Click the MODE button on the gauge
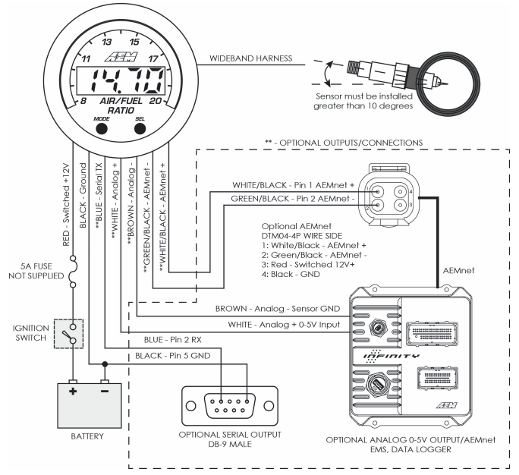[x=102, y=128]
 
